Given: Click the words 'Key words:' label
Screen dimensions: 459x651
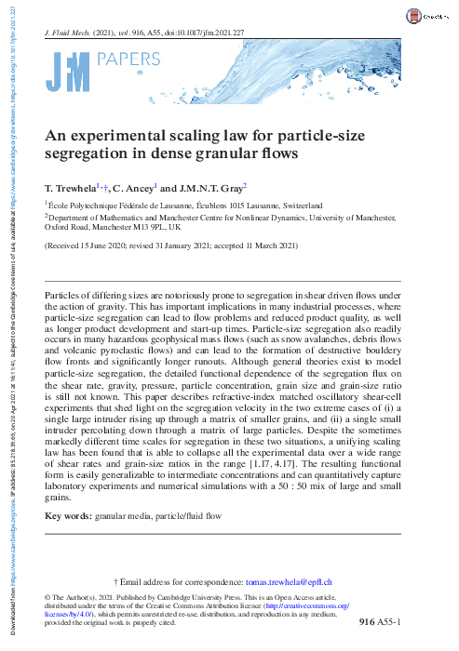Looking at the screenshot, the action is pos(68,514).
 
